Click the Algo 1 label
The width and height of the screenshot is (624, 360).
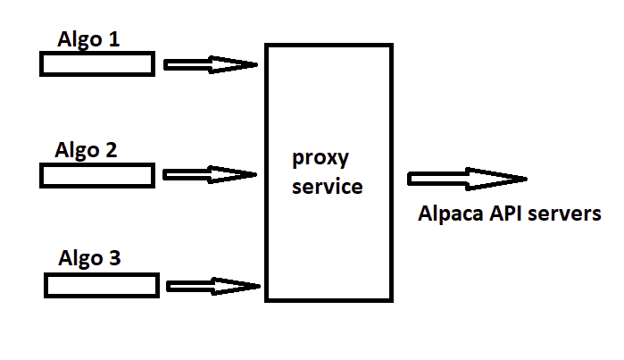88,40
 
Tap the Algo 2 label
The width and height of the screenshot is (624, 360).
86,150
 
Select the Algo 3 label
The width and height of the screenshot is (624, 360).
89,260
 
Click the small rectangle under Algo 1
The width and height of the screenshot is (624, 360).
96,63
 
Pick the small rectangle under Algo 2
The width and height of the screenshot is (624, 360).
96,175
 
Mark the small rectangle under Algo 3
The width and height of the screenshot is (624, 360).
102,285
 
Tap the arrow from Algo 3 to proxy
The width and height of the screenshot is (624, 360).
213,286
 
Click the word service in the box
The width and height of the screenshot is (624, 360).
328,188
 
